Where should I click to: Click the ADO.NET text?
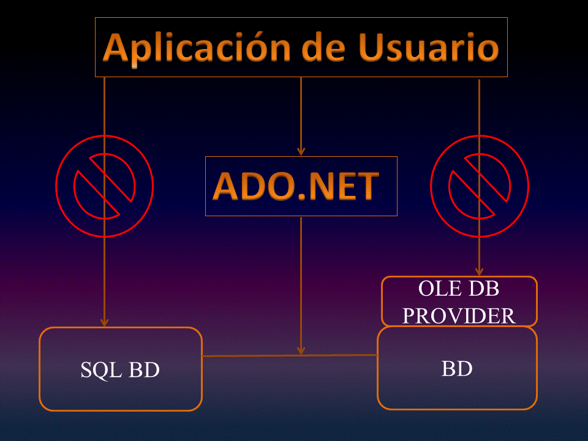pyautogui.click(x=296, y=186)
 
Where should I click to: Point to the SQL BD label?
pyautogui.click(x=120, y=370)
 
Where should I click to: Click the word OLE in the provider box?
pyautogui.click(x=437, y=288)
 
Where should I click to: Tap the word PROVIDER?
pyautogui.click(x=459, y=315)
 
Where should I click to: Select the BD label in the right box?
pyautogui.click(x=456, y=369)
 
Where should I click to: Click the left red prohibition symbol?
pyautogui.click(x=104, y=186)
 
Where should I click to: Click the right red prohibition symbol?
pyautogui.click(x=479, y=186)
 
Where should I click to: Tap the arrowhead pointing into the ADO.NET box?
pyautogui.click(x=301, y=151)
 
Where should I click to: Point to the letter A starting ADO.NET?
pyautogui.click(x=227, y=186)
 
